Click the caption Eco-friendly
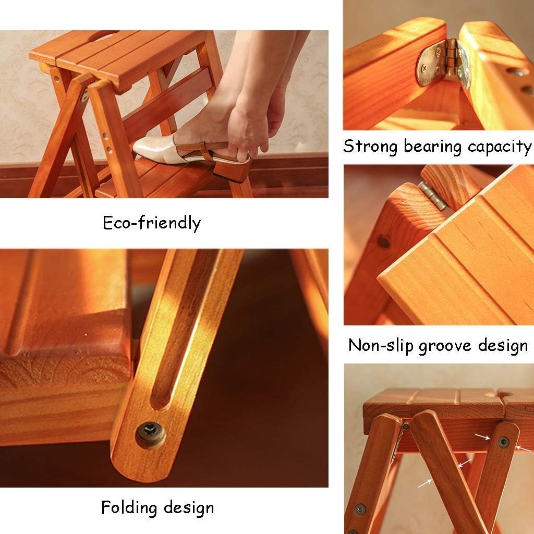coord(151,223)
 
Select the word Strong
coord(371,146)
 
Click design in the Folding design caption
coord(188,507)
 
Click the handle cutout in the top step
coord(100,37)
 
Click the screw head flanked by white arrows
coord(503,442)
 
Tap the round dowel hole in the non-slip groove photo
coord(383,242)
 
